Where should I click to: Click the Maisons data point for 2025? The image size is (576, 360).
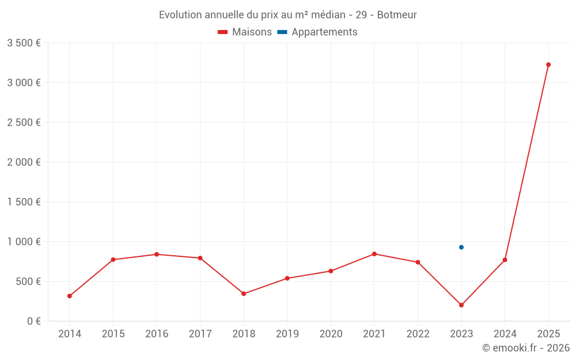tap(548, 65)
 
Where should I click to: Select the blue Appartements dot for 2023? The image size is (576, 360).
tap(461, 247)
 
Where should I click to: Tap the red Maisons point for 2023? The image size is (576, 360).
tap(461, 305)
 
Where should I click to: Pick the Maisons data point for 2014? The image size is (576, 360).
tap(70, 296)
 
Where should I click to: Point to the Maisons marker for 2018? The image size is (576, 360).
tap(244, 294)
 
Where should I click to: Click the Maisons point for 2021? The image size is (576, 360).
tap(374, 254)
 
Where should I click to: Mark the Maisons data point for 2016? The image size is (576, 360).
tap(157, 254)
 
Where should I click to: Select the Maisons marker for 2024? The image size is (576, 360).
tap(505, 260)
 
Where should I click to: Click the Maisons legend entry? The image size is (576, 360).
tap(245, 32)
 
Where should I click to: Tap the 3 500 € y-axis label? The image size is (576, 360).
tap(24, 43)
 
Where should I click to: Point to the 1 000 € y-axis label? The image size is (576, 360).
tap(24, 242)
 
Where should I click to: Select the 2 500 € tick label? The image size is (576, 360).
tap(24, 123)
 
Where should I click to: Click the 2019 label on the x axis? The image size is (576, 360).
tap(287, 334)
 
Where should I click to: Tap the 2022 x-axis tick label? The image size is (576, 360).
tap(418, 334)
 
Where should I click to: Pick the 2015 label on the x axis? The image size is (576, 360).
tap(113, 334)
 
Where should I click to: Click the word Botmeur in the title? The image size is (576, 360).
tap(397, 15)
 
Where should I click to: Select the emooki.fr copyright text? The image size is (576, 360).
tap(525, 348)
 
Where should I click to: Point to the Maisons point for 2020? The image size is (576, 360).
tap(331, 271)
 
